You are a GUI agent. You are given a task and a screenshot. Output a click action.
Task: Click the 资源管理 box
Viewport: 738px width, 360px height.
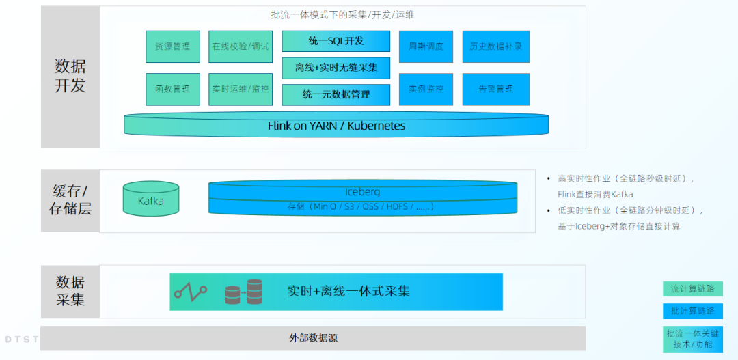click(172, 46)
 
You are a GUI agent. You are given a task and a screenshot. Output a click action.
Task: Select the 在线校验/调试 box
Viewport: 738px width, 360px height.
click(241, 46)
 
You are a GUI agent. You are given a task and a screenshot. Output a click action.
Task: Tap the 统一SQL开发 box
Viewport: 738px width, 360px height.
click(336, 41)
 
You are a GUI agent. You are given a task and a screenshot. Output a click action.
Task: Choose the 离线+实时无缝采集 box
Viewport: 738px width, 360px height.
click(336, 68)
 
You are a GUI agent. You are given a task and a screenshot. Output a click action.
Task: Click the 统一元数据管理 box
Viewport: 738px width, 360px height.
click(336, 94)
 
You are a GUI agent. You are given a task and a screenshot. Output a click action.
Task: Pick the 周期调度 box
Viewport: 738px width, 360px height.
click(426, 46)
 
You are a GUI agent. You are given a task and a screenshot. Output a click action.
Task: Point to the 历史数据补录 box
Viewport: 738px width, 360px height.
click(495, 46)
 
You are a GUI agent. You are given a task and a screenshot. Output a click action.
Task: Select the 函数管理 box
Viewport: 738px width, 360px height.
click(172, 89)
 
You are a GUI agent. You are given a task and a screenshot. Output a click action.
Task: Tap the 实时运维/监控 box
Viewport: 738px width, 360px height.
click(241, 89)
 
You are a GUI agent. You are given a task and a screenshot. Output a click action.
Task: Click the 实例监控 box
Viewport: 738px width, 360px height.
click(426, 89)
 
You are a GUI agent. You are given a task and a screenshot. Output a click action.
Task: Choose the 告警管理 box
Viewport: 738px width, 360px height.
click(495, 89)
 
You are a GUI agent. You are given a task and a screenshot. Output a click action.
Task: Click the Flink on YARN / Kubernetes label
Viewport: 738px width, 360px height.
click(336, 126)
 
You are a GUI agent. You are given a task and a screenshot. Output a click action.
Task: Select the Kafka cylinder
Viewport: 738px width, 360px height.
click(151, 199)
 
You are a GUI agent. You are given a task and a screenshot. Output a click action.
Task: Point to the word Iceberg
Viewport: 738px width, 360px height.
click(362, 192)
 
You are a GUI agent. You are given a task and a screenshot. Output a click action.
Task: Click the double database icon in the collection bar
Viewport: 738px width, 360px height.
click(244, 292)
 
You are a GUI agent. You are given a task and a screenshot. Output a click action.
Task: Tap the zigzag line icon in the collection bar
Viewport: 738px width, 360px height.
click(190, 292)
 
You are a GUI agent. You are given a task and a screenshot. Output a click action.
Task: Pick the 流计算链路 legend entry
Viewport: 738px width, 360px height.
click(692, 289)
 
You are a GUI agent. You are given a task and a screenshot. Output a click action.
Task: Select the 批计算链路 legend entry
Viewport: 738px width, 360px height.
click(692, 311)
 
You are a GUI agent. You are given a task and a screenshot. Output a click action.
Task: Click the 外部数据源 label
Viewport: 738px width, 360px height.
click(313, 338)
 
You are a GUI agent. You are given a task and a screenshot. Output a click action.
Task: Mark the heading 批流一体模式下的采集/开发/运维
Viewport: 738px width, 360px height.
click(342, 14)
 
